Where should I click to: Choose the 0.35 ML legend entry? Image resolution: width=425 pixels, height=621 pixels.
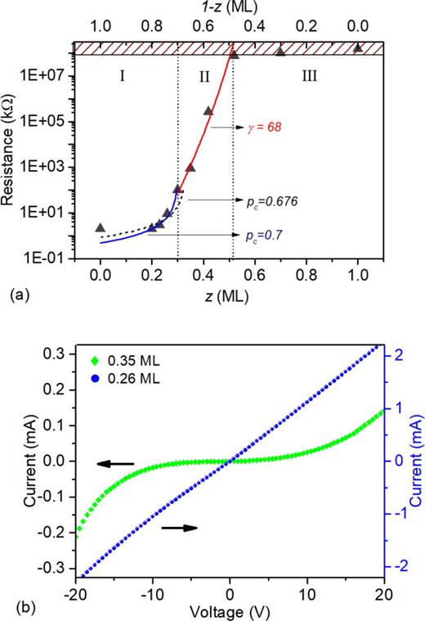pyautogui.click(x=118, y=358)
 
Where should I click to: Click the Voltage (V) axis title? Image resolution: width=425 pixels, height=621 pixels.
pyautogui.click(x=230, y=609)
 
